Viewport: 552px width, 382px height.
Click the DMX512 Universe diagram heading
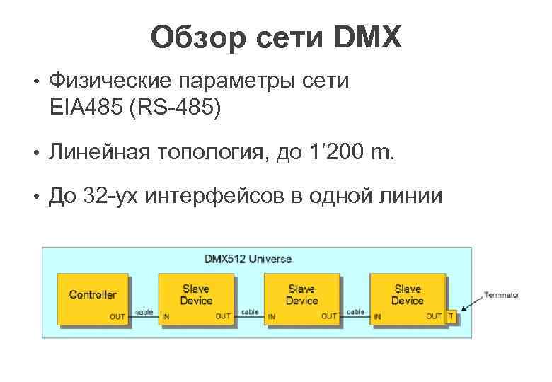[x=248, y=259]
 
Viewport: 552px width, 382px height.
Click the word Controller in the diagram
[x=93, y=294]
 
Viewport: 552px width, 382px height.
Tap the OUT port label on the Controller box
[x=117, y=316]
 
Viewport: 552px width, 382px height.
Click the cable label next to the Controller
[x=144, y=311]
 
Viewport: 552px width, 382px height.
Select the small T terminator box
[x=452, y=316]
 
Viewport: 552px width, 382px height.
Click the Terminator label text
[x=501, y=295]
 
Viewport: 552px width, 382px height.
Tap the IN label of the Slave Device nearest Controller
[x=166, y=317]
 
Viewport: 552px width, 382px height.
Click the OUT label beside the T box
[x=434, y=316]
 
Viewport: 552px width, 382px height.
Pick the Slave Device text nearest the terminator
[x=407, y=294]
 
